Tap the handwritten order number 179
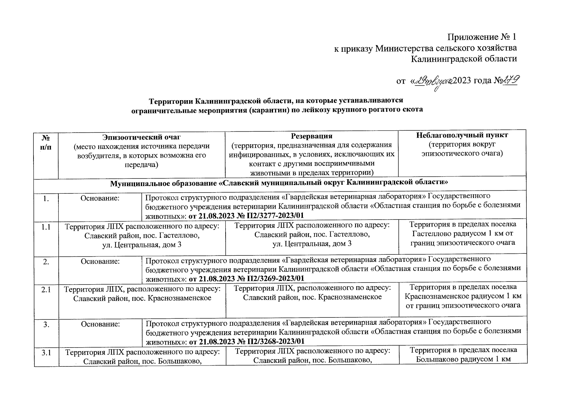[x=511, y=81]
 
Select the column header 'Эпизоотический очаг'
[x=142, y=136]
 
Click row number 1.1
[x=46, y=228]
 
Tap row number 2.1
[x=46, y=290]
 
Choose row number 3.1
[x=46, y=353]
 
